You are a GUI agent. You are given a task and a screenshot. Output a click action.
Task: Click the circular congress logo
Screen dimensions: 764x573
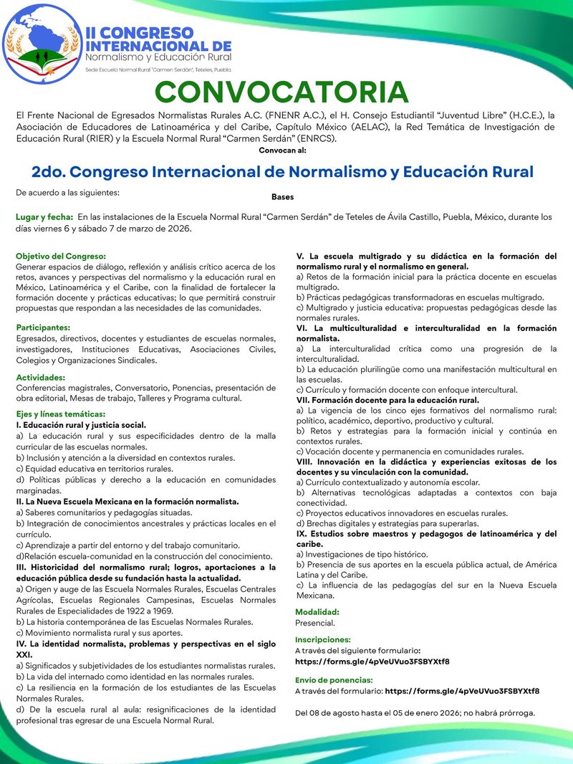coord(41,43)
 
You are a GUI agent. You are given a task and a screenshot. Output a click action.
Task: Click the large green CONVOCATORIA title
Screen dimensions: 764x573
coord(281,92)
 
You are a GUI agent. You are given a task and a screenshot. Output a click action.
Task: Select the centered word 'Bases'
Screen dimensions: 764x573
coord(282,196)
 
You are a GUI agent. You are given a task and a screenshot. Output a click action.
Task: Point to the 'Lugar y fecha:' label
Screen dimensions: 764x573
coord(44,216)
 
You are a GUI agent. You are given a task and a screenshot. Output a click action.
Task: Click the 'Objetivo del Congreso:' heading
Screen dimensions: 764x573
coord(61,256)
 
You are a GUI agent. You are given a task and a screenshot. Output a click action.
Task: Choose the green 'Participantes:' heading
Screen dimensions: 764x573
coord(44,328)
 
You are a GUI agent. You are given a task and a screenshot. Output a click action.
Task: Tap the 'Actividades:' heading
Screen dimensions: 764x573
coord(40,377)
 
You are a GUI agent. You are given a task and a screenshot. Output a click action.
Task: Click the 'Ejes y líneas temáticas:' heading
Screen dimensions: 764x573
coord(61,414)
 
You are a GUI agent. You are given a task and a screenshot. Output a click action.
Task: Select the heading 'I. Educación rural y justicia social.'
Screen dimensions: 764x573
coord(80,424)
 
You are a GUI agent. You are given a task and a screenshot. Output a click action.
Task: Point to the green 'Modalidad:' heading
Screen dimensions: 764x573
coord(317,612)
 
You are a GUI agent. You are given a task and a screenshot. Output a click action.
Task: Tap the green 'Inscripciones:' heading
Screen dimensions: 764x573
coord(323,639)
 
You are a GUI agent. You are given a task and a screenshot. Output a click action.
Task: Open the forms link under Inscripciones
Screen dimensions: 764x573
coord(372,661)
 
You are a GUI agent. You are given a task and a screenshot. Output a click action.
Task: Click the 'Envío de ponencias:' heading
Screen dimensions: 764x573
coord(334,679)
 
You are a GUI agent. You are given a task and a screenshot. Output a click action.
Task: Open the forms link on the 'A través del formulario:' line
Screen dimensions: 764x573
coord(462,691)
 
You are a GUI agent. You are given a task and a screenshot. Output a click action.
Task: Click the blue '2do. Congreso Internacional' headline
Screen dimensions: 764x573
coord(282,173)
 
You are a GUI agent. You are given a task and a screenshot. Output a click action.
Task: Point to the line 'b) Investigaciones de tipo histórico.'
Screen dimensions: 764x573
coord(362,554)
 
